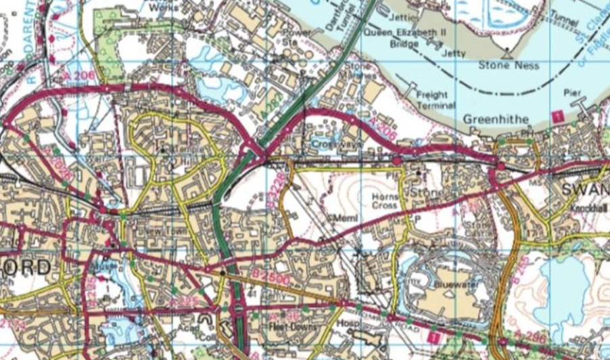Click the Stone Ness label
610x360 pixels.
[x=509, y=66]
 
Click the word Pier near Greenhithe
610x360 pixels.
[x=572, y=92]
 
